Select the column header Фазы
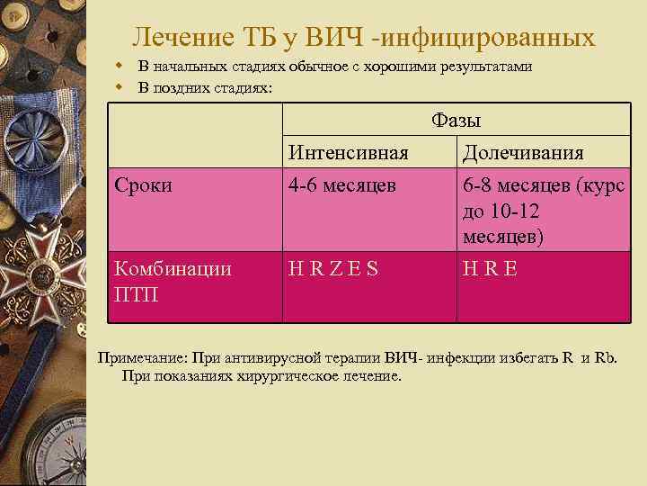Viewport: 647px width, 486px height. (x=456, y=121)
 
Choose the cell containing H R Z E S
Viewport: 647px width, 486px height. (x=333, y=268)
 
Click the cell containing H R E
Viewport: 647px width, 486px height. (x=490, y=268)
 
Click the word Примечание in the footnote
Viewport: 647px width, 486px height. (x=140, y=357)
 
